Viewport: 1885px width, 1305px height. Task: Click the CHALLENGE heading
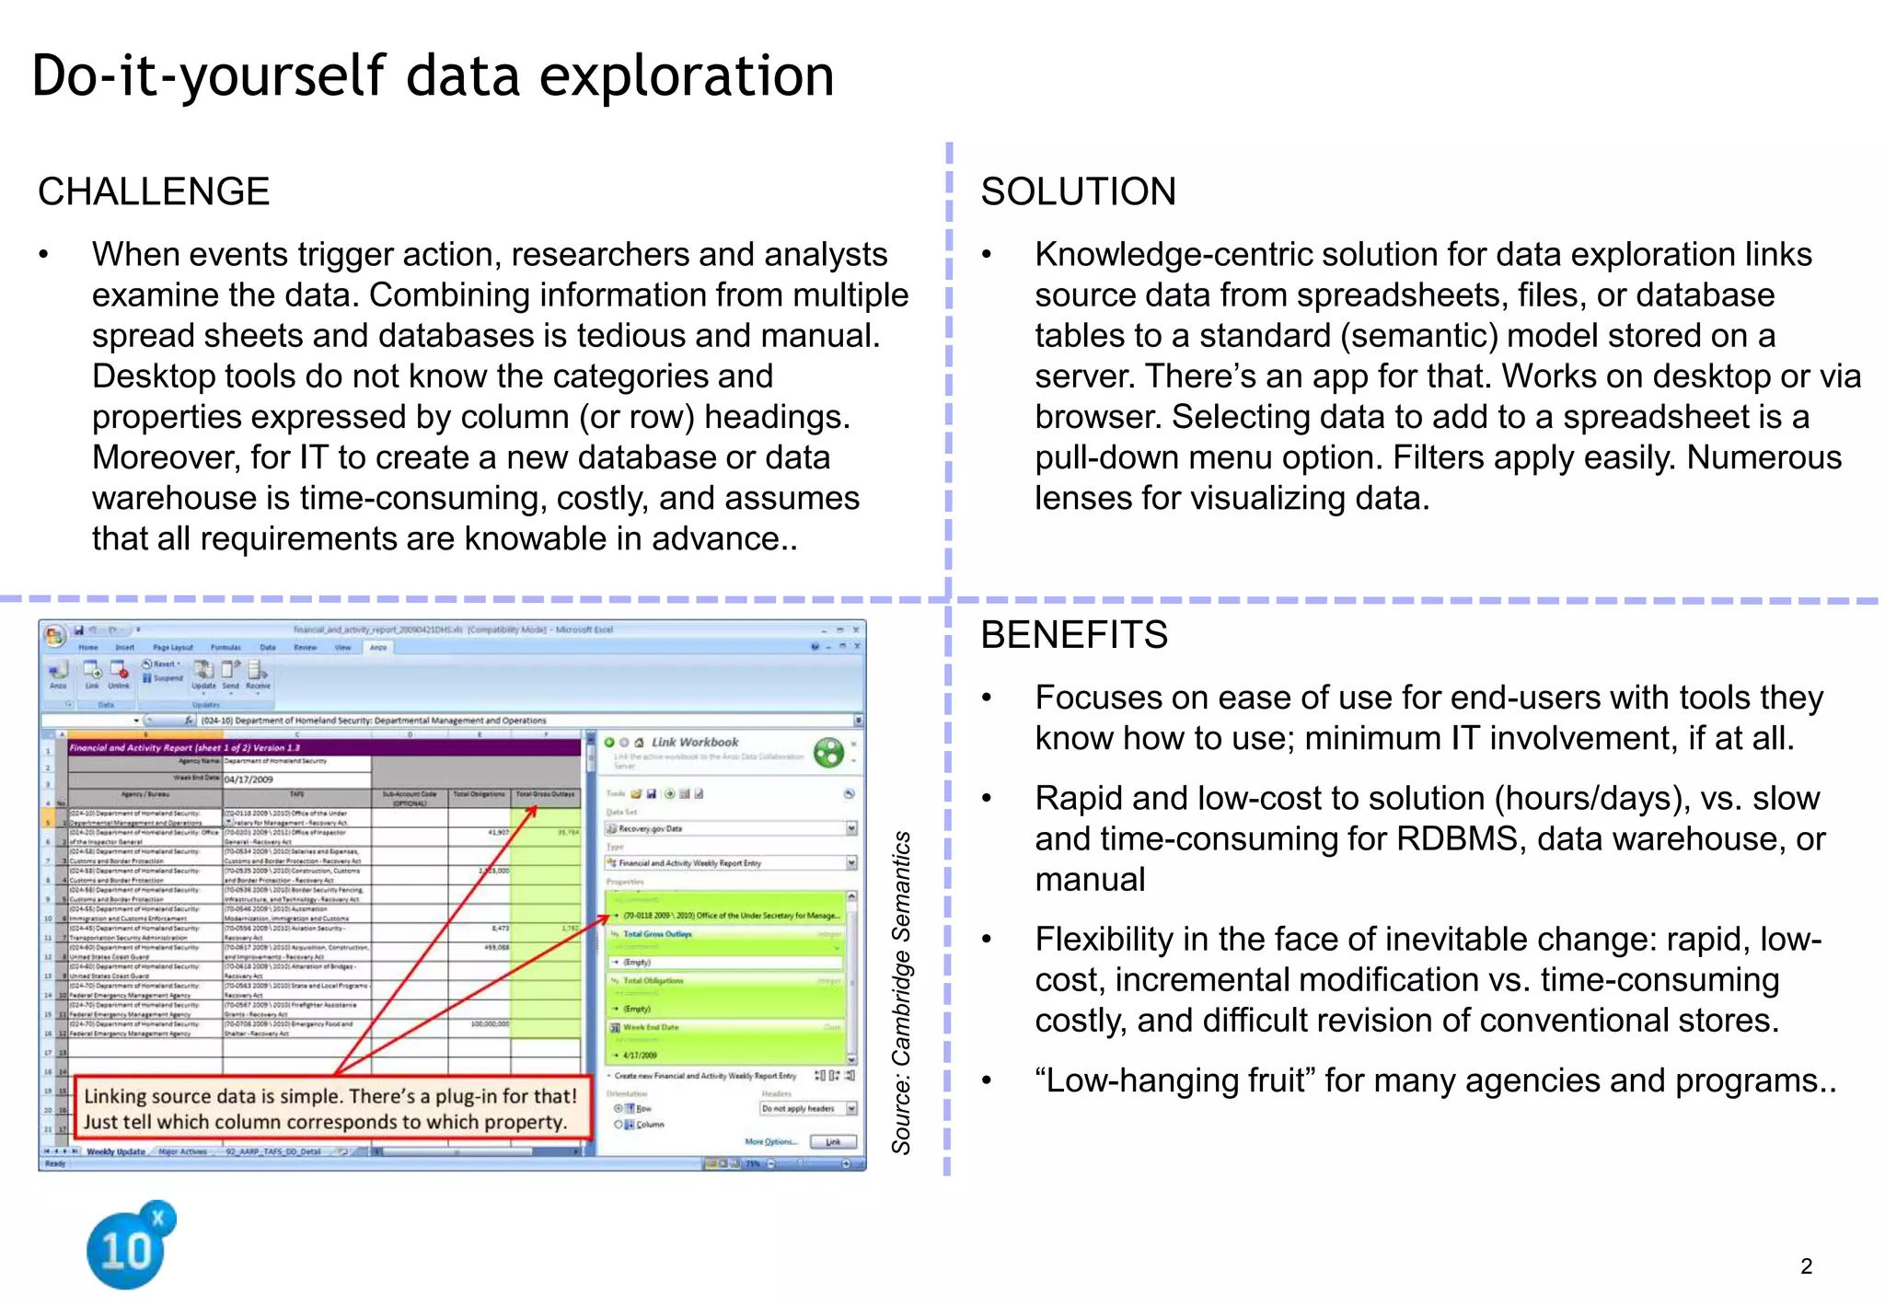click(154, 191)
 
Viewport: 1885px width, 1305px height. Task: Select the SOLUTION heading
click(1078, 191)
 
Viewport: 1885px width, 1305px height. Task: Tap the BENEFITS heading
click(1073, 635)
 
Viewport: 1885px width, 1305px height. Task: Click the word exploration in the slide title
click(686, 75)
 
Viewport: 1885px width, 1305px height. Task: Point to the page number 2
click(1806, 1266)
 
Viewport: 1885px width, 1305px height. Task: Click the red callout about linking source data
click(330, 1108)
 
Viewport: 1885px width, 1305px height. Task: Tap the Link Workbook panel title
click(695, 742)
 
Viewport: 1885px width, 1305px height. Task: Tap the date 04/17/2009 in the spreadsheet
click(249, 780)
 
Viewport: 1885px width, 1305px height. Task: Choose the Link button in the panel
click(833, 1142)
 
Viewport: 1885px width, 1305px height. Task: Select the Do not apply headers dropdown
click(807, 1109)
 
